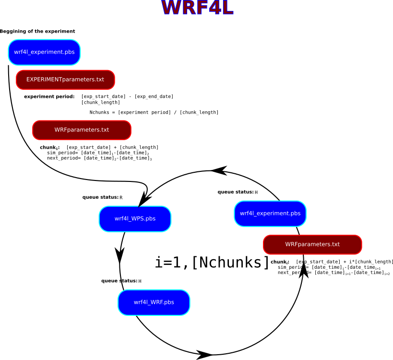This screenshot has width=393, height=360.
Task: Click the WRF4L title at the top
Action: coord(197,8)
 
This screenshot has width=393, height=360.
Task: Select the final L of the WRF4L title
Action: coord(227,8)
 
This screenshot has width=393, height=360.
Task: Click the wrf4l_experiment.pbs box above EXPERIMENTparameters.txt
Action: coord(44,52)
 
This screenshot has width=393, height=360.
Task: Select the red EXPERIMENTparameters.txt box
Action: coord(65,80)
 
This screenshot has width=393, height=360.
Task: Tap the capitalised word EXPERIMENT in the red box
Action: coord(44,80)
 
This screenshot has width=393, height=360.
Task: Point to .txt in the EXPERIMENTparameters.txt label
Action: coord(99,80)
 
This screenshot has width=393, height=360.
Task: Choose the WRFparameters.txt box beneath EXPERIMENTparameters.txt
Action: coord(82,130)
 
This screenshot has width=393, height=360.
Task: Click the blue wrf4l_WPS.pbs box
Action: coord(135,219)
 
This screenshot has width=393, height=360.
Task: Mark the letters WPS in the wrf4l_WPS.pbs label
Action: coord(138,219)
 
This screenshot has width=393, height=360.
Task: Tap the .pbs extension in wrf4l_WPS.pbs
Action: coord(150,219)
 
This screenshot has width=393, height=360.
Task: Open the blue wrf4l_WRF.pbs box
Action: coord(154,302)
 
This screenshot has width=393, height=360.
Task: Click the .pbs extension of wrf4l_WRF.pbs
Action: coord(169,302)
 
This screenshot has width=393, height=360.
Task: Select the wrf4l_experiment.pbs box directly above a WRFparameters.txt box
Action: coord(270,214)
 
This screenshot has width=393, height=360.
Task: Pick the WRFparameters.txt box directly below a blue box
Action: coord(312,245)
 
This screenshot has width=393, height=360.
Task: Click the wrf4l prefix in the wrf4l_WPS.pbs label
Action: coord(121,219)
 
